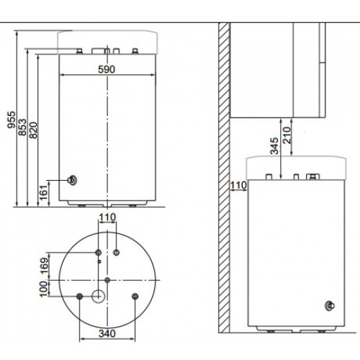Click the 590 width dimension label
click(x=107, y=69)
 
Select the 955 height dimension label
click(x=12, y=120)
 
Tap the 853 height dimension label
click(x=22, y=127)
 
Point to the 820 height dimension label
click(x=33, y=130)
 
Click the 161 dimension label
click(x=44, y=192)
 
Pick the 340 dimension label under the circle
click(x=107, y=333)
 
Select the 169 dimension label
click(x=44, y=266)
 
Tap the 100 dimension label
click(x=44, y=289)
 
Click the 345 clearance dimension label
click(x=274, y=145)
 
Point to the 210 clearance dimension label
click(x=287, y=135)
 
